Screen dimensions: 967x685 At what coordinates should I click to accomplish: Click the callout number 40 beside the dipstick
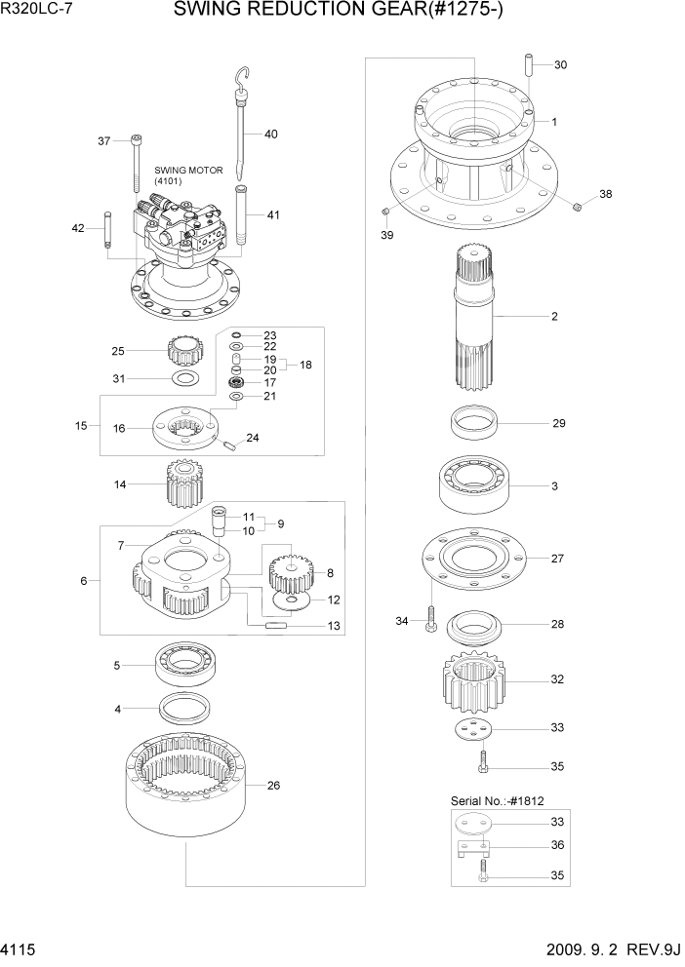[x=270, y=135]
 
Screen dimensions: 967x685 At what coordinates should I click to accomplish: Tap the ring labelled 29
[x=474, y=425]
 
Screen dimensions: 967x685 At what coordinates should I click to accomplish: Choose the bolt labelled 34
[x=429, y=621]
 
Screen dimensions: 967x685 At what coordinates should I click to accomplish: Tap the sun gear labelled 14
[x=183, y=483]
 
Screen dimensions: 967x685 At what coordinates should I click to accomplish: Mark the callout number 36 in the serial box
[x=557, y=845]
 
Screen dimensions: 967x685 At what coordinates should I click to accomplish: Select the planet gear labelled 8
[x=288, y=571]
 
